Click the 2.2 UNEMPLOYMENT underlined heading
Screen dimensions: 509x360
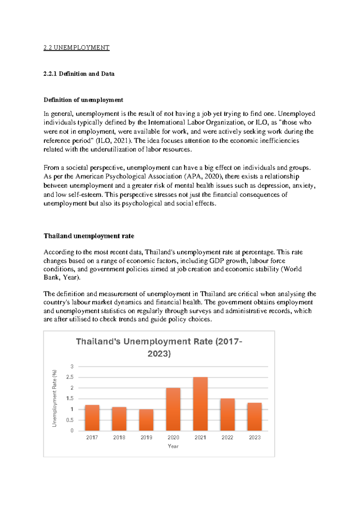tap(76, 48)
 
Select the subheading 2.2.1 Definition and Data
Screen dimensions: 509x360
tap(79, 74)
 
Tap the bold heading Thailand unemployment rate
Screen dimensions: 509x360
tap(89, 236)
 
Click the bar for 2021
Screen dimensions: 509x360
tap(200, 404)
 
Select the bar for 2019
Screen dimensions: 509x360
tap(146, 420)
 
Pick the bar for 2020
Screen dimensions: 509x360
tap(173, 409)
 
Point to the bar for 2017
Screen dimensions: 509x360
tap(92, 418)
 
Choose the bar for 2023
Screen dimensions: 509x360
tap(254, 417)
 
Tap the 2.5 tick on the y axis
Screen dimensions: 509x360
tap(70, 377)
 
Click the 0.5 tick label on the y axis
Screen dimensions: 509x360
tap(70, 420)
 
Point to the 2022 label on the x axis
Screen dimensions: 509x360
tap(227, 438)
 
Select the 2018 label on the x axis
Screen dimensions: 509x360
tap(119, 438)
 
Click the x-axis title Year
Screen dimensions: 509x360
tap(173, 446)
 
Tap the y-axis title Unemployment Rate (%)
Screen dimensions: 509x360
tap(54, 398)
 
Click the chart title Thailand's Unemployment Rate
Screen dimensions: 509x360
tap(159, 348)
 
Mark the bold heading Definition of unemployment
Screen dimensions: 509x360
tap(83, 100)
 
